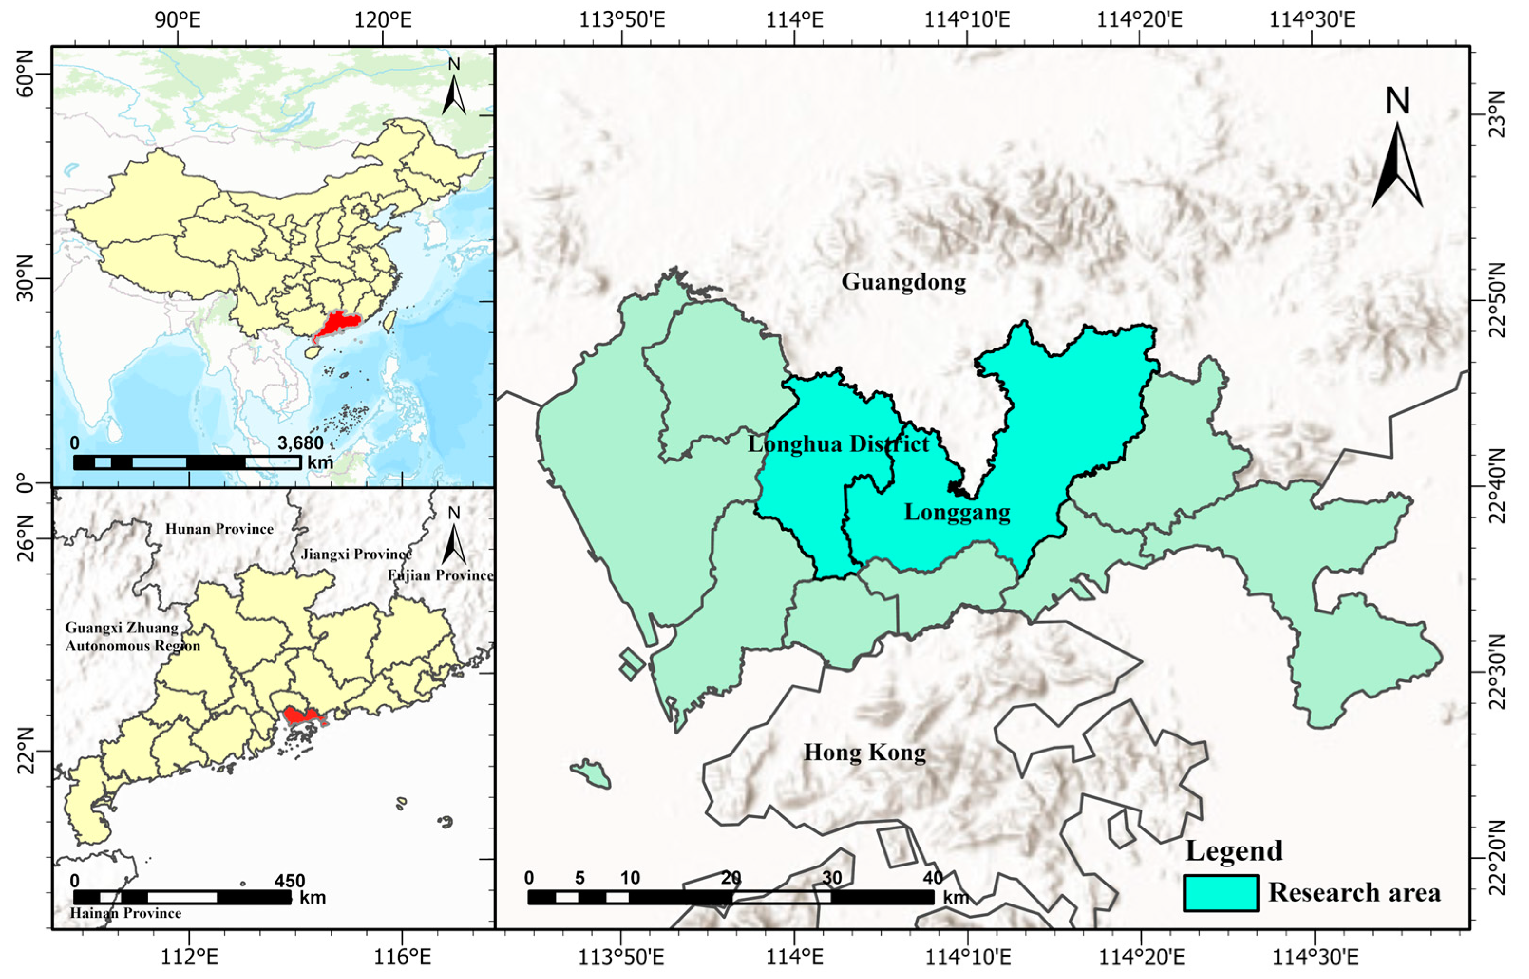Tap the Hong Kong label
click(865, 753)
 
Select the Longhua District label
click(838, 444)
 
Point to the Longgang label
click(957, 512)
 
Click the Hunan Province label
click(219, 529)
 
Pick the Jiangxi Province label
click(356, 555)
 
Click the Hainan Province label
click(126, 913)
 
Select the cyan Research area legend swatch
click(1221, 893)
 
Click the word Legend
click(1234, 851)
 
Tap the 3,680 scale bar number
click(300, 443)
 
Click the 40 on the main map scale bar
click(933, 878)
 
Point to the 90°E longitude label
click(178, 20)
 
